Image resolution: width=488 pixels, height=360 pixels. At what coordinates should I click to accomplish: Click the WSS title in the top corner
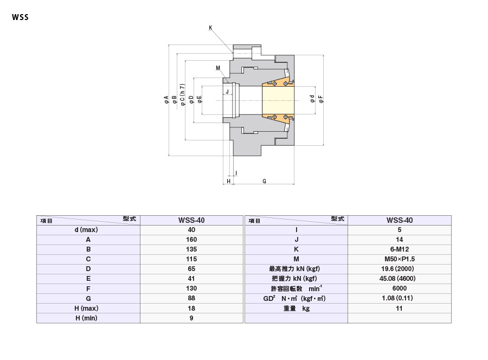[20, 17]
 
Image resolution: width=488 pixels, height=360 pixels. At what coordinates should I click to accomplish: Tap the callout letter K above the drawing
[210, 28]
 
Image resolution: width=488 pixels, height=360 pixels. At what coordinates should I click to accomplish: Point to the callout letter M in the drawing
[218, 68]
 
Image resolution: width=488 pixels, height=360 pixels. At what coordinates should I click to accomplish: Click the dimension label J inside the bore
[227, 92]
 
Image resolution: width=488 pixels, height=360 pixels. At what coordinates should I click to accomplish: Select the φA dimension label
[166, 100]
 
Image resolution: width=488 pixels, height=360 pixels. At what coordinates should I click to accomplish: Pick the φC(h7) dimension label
[183, 94]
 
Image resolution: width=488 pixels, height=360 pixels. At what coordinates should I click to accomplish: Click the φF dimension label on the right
[321, 99]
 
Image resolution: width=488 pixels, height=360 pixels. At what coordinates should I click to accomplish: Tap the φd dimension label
[312, 99]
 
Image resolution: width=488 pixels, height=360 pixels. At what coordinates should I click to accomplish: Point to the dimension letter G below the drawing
[264, 181]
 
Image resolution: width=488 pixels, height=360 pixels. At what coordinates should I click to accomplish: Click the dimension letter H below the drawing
[228, 181]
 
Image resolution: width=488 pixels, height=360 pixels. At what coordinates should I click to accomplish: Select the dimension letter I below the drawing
[236, 173]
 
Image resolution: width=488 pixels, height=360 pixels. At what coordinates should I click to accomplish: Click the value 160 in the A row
[191, 240]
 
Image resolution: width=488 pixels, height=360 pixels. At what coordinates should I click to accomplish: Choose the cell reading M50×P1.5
[400, 259]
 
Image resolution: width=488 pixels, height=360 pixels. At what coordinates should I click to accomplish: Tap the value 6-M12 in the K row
[400, 249]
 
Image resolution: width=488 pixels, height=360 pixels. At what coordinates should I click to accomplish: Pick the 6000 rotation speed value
[400, 288]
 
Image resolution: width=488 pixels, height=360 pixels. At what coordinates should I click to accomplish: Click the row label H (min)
[86, 318]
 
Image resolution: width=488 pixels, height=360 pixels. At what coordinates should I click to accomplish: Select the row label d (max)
[86, 230]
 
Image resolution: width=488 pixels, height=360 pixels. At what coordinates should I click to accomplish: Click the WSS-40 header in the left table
[191, 220]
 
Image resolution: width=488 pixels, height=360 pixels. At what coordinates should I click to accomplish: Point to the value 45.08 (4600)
[397, 279]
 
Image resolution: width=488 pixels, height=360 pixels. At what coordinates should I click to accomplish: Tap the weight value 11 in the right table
[399, 308]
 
